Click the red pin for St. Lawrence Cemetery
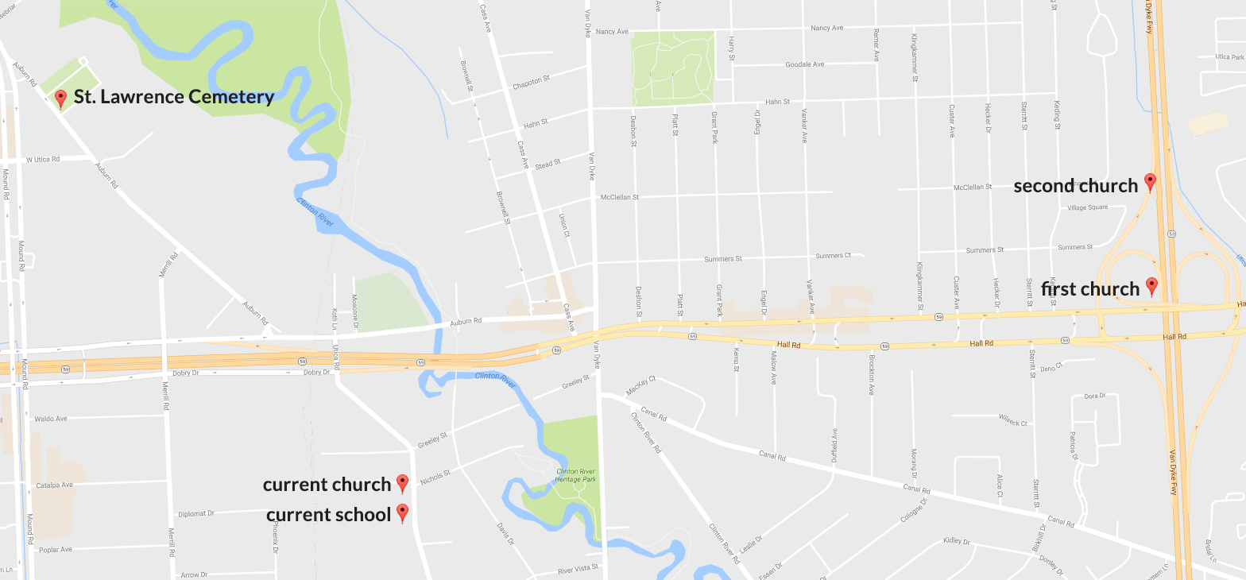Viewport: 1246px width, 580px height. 60,99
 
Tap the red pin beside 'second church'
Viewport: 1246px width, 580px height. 1149,182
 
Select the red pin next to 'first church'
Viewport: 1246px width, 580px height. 1151,286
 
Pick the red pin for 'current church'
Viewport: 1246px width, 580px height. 402,483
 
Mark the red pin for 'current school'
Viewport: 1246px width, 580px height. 402,513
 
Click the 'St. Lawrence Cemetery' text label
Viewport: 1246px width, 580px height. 174,97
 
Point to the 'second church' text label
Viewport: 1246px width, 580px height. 1075,186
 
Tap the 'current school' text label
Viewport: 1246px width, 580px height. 328,515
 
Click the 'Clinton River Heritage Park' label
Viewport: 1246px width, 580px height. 576,475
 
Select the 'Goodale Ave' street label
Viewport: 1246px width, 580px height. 804,64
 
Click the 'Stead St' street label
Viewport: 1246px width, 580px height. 548,164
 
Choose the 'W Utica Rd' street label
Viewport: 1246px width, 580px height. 43,160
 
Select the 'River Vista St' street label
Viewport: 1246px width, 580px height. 577,570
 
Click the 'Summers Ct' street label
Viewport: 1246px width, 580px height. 833,256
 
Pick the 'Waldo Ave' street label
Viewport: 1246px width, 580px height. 51,419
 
